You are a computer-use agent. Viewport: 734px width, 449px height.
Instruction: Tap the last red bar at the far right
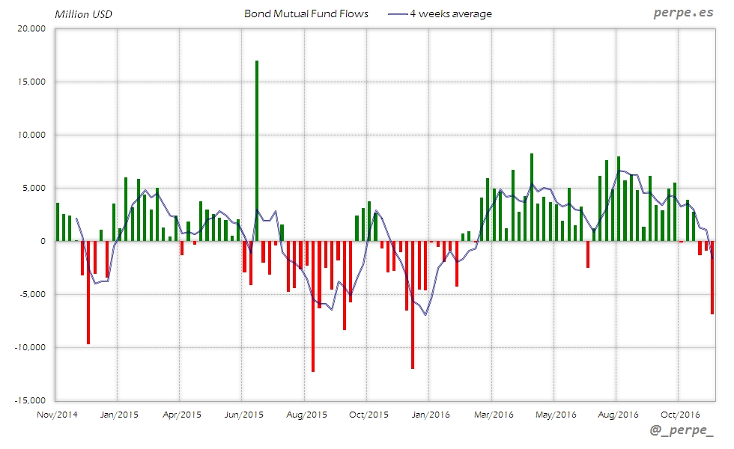(712, 277)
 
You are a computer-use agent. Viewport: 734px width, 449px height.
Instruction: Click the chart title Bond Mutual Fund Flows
(306, 13)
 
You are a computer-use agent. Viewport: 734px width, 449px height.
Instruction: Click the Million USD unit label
(82, 13)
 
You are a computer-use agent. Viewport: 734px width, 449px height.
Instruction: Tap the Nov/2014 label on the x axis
(58, 414)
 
